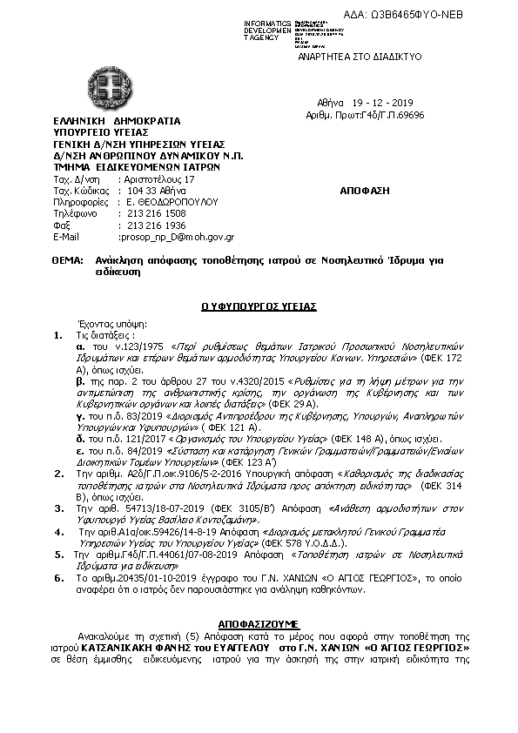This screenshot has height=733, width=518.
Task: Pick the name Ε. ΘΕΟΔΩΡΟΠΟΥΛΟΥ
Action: [166, 201]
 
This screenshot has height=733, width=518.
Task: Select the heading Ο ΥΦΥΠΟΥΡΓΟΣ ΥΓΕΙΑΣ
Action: [259, 306]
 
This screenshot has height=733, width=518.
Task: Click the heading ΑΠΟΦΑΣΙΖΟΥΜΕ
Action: [259, 624]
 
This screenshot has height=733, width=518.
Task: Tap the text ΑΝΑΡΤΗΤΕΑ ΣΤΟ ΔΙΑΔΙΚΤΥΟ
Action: [373, 56]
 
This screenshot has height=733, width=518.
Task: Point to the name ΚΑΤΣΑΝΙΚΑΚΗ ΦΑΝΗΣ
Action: [139, 649]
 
